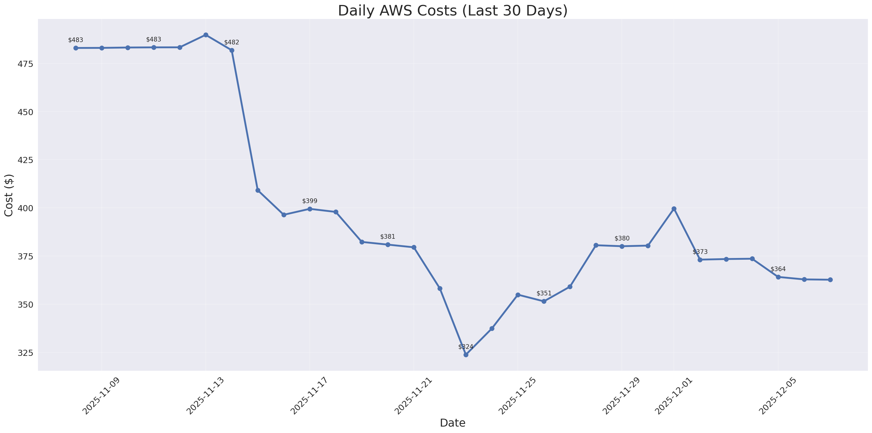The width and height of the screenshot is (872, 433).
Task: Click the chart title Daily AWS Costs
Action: [453, 11]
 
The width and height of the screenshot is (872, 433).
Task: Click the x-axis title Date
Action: [453, 423]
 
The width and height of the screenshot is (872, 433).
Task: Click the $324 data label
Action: [466, 347]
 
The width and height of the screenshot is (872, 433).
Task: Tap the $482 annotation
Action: [231, 43]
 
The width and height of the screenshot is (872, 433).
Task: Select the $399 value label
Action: [310, 201]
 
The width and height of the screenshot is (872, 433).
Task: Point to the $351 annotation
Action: [544, 293]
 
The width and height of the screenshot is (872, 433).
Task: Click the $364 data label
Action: [778, 269]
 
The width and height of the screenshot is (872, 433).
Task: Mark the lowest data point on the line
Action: [466, 355]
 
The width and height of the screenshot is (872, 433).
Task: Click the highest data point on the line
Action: [206, 35]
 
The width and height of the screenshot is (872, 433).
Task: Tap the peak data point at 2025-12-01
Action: [674, 209]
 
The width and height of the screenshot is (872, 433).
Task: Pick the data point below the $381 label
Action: [387, 245]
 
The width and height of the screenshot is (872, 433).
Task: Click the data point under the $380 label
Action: [622, 246]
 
